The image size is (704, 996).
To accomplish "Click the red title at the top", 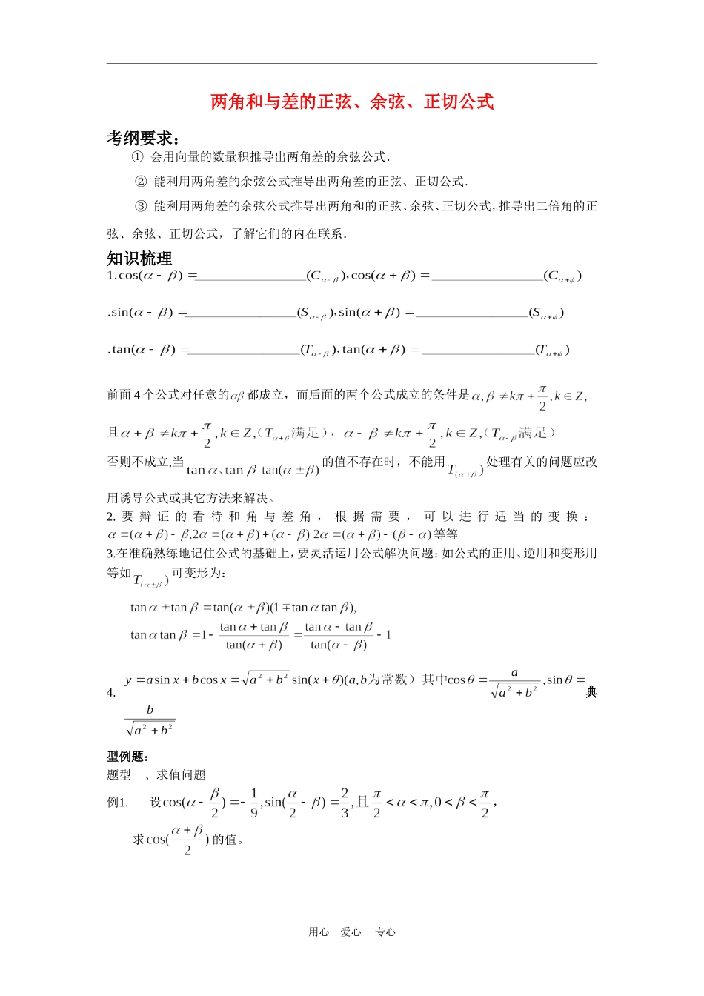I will (352, 102).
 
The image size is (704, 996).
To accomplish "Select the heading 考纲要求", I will (143, 139).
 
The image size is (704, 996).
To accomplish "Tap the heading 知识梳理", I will (139, 259).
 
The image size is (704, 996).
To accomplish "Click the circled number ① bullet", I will (137, 157).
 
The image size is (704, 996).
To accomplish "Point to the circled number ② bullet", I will (141, 182).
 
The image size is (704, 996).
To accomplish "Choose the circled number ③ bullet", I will (141, 206).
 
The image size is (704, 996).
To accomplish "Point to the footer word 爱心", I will (351, 932).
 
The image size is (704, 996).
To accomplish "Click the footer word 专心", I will (385, 932).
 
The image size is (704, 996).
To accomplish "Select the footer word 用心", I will (319, 932).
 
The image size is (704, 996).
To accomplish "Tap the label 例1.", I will (118, 803).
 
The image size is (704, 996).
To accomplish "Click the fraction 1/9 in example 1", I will (254, 803).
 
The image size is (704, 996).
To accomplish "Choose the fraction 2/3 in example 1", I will (345, 803).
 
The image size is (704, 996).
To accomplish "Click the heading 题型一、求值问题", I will (156, 775).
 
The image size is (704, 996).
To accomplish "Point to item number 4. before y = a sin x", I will (111, 693).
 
